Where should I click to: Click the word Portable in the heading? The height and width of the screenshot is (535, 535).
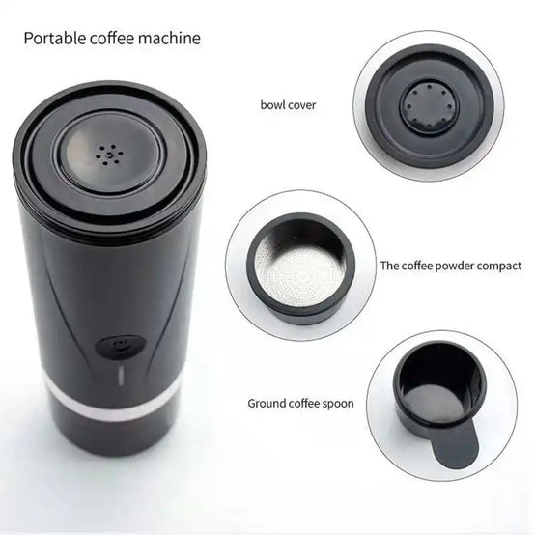coord(55,38)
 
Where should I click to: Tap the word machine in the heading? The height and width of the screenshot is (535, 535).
coord(169,38)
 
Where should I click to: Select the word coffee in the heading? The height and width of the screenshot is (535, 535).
coord(112,38)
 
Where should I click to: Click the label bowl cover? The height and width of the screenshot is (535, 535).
coord(288,104)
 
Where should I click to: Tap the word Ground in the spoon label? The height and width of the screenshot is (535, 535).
coord(267,403)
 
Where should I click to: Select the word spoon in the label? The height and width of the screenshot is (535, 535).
coord(338,404)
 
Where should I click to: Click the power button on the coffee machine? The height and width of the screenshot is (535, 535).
coord(121,347)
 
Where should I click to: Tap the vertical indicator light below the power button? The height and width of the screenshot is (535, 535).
coord(121,377)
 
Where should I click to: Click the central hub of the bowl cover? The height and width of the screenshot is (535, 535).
coord(428,105)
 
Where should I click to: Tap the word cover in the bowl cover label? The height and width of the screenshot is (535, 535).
coord(302,105)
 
